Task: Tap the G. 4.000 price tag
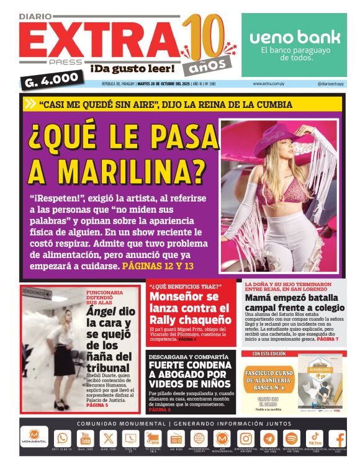click(52, 79)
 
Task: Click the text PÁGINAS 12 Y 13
click(158, 266)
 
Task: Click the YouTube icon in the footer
click(85, 438)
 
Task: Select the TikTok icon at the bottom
click(315, 438)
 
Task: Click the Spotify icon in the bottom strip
click(292, 438)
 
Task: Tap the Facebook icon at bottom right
click(339, 438)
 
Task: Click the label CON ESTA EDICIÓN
click(268, 354)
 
